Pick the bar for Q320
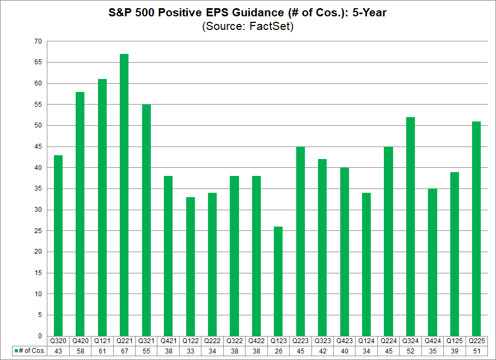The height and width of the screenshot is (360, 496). (58, 246)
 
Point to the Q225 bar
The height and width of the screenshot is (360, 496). (476, 229)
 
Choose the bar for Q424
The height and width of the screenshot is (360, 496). (432, 262)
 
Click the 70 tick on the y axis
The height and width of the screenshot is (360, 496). (38, 41)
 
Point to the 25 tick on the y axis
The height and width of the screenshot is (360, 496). (38, 231)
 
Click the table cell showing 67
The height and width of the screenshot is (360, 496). (124, 351)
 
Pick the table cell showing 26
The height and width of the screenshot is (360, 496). (278, 351)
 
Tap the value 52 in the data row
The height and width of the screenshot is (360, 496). (411, 351)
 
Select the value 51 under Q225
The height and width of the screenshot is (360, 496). (476, 351)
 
